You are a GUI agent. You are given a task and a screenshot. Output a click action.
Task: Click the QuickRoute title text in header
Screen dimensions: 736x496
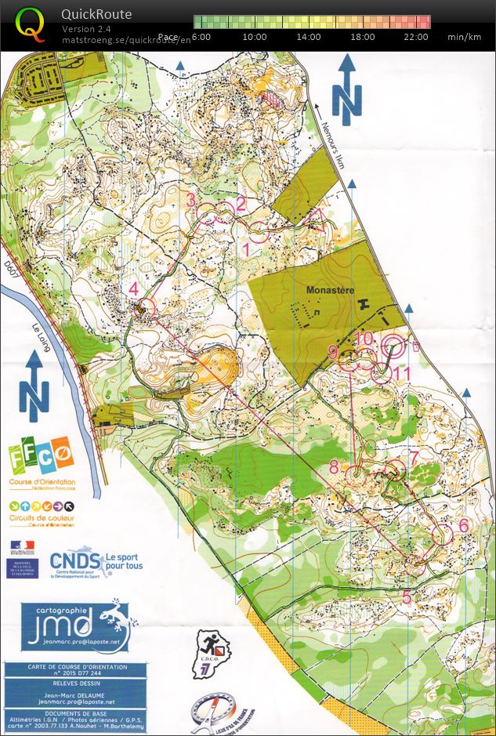click(96, 14)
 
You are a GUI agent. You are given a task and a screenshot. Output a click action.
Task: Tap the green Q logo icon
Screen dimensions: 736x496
click(31, 24)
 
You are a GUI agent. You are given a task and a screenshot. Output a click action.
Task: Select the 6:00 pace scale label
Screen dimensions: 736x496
click(201, 37)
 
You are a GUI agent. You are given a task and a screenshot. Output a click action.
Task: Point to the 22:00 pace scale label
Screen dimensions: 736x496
click(416, 37)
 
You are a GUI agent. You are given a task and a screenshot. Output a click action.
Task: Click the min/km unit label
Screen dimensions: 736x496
click(464, 37)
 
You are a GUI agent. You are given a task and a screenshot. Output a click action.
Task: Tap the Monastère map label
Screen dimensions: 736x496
click(331, 289)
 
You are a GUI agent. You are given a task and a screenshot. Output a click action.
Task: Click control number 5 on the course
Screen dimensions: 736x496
click(407, 596)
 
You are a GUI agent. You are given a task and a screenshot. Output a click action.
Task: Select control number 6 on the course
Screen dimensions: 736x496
click(463, 524)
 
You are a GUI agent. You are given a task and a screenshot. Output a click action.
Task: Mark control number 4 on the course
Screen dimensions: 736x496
click(134, 288)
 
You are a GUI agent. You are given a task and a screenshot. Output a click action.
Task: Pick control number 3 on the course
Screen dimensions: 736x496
click(190, 200)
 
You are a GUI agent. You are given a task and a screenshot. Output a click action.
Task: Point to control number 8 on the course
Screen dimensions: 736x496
click(334, 467)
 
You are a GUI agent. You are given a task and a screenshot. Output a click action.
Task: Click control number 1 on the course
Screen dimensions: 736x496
click(248, 249)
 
